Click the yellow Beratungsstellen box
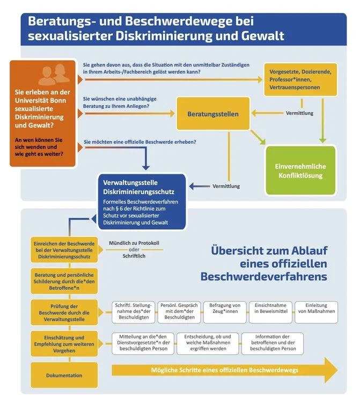(213, 114)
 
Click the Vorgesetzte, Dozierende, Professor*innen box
(300, 79)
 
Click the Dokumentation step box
(64, 376)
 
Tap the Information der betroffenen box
(273, 343)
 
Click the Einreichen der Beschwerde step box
(64, 250)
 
